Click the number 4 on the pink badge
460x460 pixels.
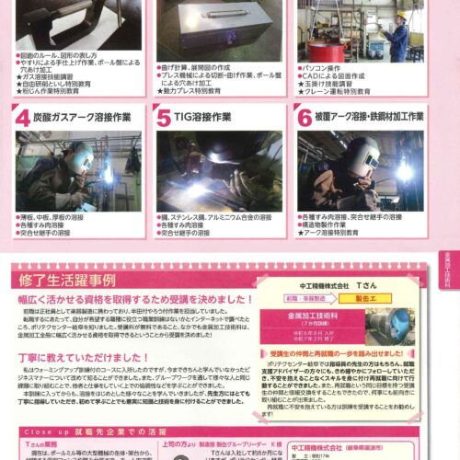tap(22, 119)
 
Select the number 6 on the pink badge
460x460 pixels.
tap(305, 119)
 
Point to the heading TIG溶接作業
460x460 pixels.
tap(214, 118)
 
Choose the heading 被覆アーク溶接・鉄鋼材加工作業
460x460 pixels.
tap(369, 118)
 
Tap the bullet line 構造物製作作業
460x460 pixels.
tap(332, 223)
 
